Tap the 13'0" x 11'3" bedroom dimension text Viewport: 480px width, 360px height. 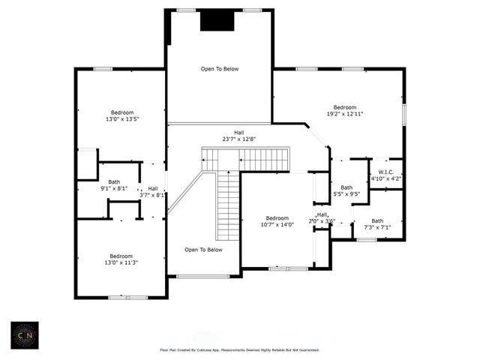click(121, 262)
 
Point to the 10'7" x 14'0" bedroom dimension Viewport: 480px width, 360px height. click(277, 224)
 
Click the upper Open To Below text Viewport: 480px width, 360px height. click(219, 69)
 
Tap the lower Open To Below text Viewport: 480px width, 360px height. click(203, 250)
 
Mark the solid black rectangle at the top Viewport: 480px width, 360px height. click(217, 20)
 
